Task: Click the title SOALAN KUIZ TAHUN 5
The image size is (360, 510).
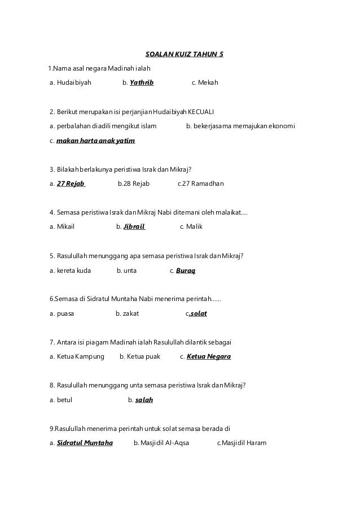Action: pyautogui.click(x=184, y=55)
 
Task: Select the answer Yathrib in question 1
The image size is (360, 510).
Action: pyautogui.click(x=142, y=83)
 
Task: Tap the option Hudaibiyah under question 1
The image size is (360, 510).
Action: pyautogui.click(x=74, y=83)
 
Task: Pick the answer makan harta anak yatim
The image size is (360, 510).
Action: pyautogui.click(x=96, y=140)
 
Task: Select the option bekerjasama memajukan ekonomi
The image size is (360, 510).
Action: pyautogui.click(x=244, y=125)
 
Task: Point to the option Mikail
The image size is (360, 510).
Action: pyautogui.click(x=65, y=227)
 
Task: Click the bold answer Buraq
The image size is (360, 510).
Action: pyautogui.click(x=186, y=271)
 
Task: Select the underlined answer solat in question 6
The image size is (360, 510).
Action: pyautogui.click(x=198, y=313)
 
